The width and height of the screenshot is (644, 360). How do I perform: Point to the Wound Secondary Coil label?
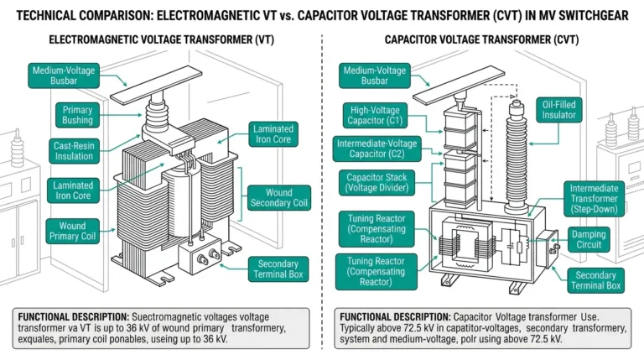click(x=273, y=199)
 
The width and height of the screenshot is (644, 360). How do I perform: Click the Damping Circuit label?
click(x=600, y=240)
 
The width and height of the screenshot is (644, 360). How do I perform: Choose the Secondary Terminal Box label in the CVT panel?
click(x=596, y=280)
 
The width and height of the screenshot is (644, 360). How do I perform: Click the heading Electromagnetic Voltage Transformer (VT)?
click(x=160, y=39)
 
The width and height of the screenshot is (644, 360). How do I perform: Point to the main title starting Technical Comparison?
click(x=322, y=13)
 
